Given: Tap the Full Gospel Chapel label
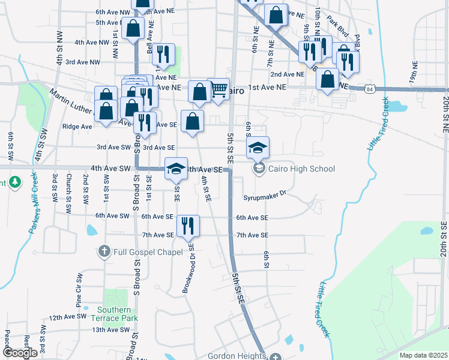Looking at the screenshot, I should point(148,251).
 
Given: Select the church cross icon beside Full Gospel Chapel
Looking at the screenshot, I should point(104,251).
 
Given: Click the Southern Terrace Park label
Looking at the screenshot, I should point(115,314).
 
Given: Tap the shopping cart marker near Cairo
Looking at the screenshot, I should point(218,89).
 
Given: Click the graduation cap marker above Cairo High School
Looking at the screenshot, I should point(258,148).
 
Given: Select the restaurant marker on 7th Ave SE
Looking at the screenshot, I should point(188,226).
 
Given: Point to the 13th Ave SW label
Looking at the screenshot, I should point(110,329).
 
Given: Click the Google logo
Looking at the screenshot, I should point(20,353).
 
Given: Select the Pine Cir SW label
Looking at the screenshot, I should point(79,287).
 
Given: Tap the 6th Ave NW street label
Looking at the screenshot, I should point(112,11).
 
